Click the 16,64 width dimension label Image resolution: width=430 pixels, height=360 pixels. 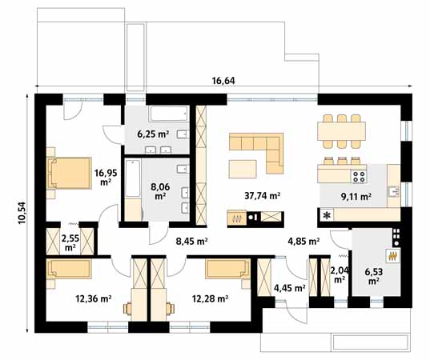(223, 81)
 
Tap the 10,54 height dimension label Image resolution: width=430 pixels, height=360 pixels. (22, 213)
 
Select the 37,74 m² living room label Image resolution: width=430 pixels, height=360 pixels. (262, 196)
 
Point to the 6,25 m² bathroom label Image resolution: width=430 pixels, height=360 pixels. (153, 134)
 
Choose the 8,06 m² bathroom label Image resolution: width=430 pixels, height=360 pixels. (160, 191)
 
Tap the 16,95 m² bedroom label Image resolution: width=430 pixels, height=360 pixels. (106, 178)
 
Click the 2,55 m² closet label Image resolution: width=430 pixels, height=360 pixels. (70, 242)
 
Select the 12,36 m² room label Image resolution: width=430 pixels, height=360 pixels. (93, 298)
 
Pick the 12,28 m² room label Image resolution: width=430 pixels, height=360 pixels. (210, 298)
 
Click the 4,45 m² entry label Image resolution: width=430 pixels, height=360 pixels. (290, 288)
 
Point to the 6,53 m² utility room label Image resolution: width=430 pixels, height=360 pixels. (374, 276)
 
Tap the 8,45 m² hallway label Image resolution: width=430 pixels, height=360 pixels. (191, 242)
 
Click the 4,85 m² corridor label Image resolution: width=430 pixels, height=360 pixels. (303, 242)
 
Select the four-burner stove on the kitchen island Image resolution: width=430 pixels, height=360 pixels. (359, 177)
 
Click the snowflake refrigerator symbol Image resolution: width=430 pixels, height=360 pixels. (327, 216)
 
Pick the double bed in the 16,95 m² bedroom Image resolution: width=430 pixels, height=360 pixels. (69, 173)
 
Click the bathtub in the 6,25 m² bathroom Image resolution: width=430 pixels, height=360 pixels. (169, 114)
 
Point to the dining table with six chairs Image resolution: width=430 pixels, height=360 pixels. (341, 131)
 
